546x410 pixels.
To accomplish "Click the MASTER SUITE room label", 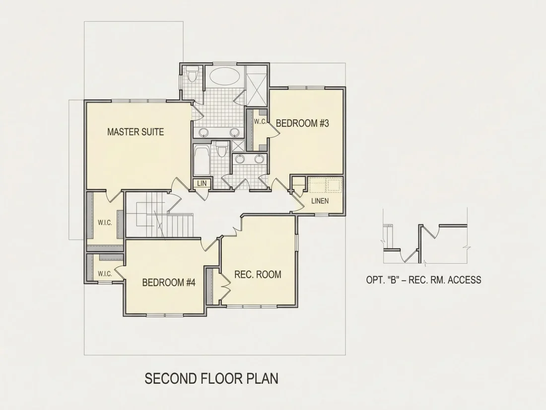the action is pos(136,132).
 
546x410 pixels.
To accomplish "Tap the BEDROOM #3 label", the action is pos(302,123).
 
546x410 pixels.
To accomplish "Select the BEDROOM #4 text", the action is pos(169,282).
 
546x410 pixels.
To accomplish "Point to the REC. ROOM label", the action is pos(258,274).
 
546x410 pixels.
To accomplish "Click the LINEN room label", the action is pos(320,201).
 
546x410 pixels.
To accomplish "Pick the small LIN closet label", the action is pos(202,183).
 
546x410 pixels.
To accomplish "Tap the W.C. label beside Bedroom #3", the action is pos(260,122).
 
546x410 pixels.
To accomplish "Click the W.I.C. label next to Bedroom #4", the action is pos(105,274).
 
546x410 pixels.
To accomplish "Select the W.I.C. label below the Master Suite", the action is pos(105,223).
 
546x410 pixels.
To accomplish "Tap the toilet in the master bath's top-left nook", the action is pos(192,73).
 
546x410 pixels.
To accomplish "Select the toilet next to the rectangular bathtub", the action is pos(221,149).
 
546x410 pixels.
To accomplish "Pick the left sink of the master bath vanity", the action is pos(204,132).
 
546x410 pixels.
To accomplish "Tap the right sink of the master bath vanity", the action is pos(235,132).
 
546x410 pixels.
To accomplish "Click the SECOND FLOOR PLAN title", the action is pos(211,379).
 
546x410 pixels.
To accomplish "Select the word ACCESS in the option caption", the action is pos(465,280).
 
